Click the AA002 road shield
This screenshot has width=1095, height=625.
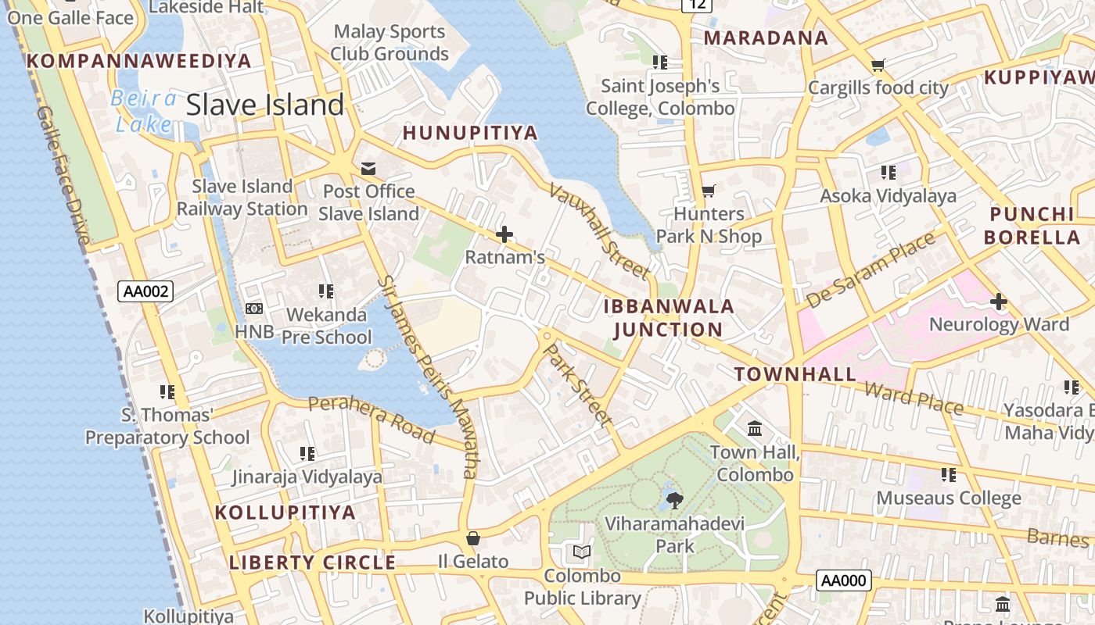[145, 291]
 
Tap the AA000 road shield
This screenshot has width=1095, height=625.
[843, 580]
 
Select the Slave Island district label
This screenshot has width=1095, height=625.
[265, 105]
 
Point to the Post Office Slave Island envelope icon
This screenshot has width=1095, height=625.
[368, 169]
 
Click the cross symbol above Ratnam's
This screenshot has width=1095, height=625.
[504, 234]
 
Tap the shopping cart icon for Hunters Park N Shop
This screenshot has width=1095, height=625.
[709, 191]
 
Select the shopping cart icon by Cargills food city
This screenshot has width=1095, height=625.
[878, 65]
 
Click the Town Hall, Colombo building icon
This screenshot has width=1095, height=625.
[755, 429]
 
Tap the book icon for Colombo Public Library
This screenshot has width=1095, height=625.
[581, 552]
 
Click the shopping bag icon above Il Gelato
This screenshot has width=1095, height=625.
[472, 538]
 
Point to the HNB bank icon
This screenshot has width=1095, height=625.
[254, 309]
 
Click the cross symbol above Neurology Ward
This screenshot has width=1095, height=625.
[999, 301]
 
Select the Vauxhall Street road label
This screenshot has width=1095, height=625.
[599, 230]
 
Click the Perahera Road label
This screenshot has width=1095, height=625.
[371, 418]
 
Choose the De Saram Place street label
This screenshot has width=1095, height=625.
[871, 270]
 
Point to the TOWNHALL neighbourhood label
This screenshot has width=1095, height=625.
[795, 374]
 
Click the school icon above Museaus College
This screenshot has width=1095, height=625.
[949, 474]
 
